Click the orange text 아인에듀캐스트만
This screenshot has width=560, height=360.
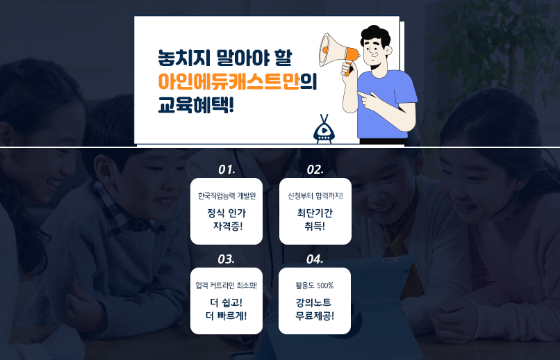tap(229, 81)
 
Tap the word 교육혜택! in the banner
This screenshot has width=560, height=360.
tap(196, 105)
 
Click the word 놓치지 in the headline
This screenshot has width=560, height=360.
tap(183, 58)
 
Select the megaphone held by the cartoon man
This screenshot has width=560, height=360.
tap(338, 52)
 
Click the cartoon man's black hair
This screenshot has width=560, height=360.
tap(375, 35)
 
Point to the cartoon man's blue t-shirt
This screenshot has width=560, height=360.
tap(385, 104)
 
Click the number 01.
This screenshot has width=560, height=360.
tap(227, 170)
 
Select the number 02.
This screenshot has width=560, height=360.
tap(315, 170)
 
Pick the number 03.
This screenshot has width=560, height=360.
tap(226, 259)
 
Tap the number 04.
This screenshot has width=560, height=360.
tap(315, 259)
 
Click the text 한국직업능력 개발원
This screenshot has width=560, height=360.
tap(227, 196)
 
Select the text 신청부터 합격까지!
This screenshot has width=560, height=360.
tap(315, 196)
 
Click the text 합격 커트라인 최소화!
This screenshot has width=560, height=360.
tap(227, 286)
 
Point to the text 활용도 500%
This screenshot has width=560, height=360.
tap(314, 286)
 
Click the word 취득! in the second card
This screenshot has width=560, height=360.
tap(315, 227)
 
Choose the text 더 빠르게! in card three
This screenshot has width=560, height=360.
tap(227, 316)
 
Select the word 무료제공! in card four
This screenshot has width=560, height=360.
tap(315, 316)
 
